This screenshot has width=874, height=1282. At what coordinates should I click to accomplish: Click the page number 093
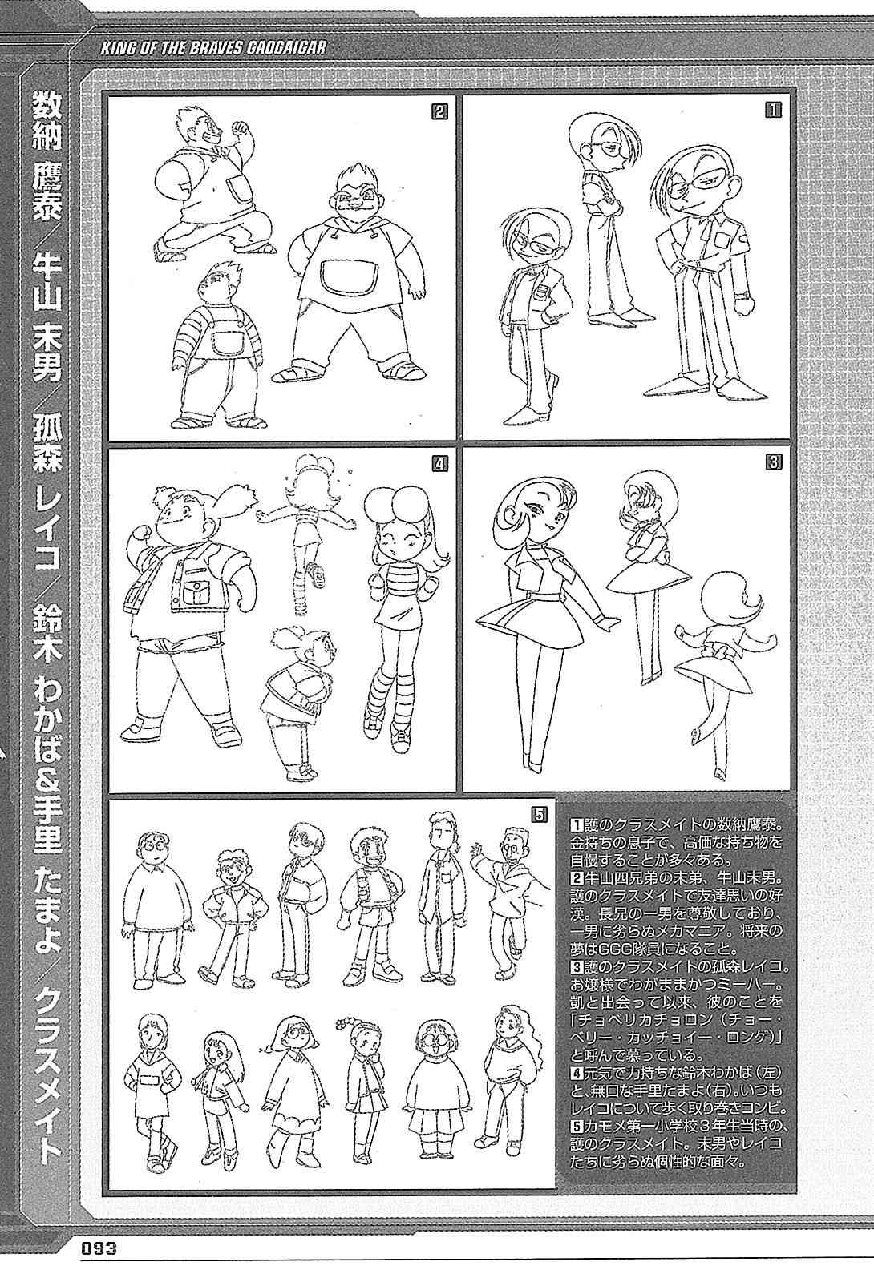click(100, 1263)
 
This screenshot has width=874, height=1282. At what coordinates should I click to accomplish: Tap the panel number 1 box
click(773, 110)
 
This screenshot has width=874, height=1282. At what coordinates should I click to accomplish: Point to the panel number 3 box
click(773, 462)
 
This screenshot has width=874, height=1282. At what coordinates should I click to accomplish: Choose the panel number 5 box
click(539, 814)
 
